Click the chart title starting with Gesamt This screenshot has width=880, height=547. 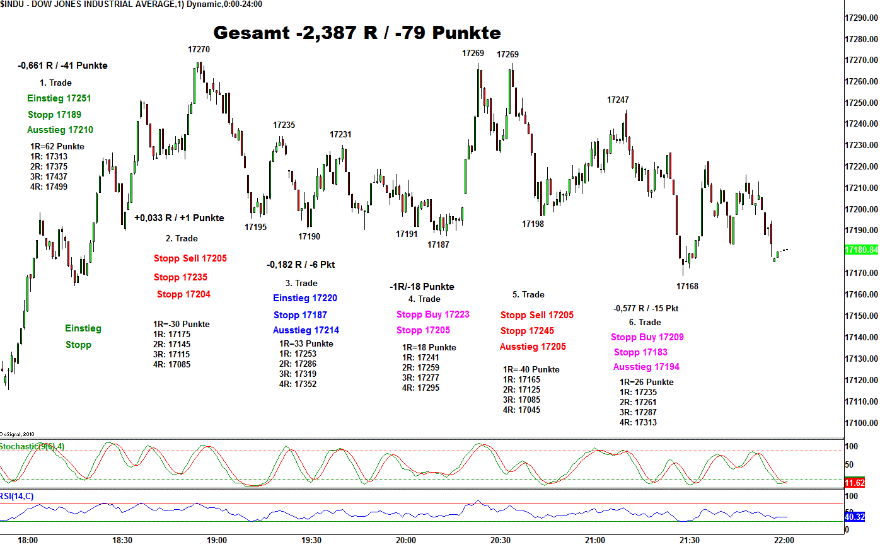[x=357, y=32]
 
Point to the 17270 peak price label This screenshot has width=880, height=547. [x=199, y=49]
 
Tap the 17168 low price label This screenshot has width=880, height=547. [x=687, y=286]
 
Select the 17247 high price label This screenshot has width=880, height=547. [x=618, y=100]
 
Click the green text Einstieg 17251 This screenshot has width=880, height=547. [x=59, y=98]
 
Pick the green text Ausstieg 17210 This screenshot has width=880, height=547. [x=60, y=130]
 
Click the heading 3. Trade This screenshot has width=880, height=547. [x=301, y=283]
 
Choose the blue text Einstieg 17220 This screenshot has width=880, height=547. [x=305, y=298]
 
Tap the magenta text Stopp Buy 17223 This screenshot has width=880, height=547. [x=432, y=314]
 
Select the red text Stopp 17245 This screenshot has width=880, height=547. [x=527, y=331]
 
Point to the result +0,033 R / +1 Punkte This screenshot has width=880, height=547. [x=179, y=218]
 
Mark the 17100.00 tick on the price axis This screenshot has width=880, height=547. [x=861, y=423]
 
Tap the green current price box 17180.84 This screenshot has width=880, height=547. [x=860, y=250]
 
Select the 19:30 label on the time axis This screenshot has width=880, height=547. [x=311, y=540]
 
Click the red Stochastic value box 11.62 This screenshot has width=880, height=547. [x=854, y=483]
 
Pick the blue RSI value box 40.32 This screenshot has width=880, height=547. [x=854, y=517]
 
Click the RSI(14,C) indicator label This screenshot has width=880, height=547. [x=17, y=497]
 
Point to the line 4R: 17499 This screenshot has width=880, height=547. [x=49, y=187]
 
